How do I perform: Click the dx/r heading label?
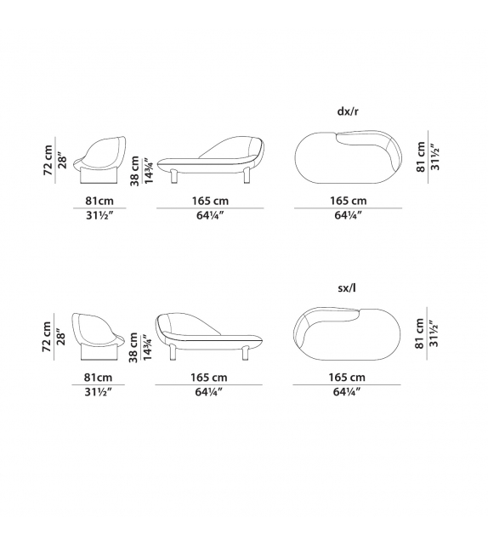(348, 111)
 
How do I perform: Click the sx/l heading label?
(347, 287)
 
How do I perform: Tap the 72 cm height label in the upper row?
(48, 160)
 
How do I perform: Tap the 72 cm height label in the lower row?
(47, 337)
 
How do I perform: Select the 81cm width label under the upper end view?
(99, 201)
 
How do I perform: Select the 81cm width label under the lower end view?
(98, 378)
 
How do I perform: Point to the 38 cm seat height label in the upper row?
(134, 171)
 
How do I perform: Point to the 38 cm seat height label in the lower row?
(133, 347)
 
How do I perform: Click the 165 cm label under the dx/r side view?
(210, 201)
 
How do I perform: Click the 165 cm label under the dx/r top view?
(349, 201)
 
